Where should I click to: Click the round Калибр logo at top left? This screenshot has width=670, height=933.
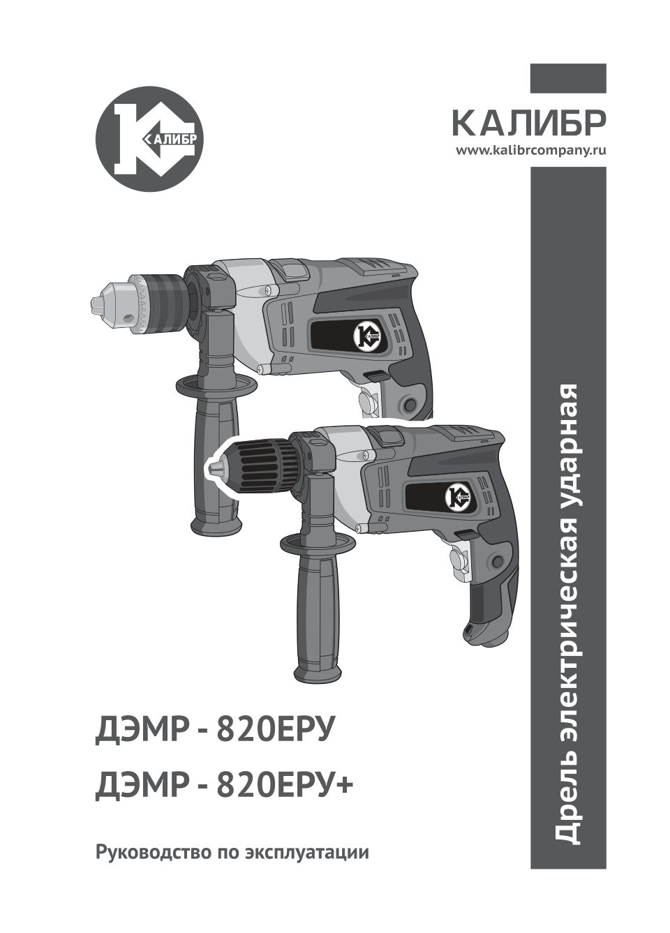[x=149, y=140]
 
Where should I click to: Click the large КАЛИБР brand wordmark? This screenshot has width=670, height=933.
[x=529, y=124]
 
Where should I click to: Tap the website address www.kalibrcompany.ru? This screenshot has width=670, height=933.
[x=531, y=150]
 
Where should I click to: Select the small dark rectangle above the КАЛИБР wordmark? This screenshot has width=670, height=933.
[x=568, y=78]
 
